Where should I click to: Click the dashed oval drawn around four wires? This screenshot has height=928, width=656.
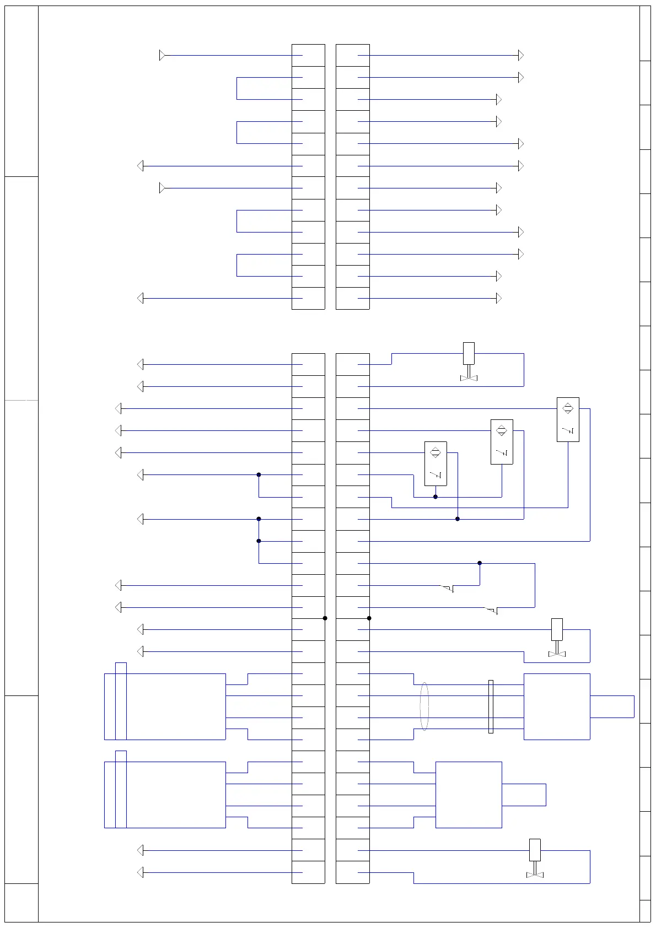[424, 706]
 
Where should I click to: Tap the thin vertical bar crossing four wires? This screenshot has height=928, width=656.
[491, 706]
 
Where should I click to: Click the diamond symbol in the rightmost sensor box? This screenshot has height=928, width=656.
[568, 408]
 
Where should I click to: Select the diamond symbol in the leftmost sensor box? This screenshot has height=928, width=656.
[435, 453]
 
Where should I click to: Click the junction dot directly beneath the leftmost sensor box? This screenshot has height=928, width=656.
[435, 497]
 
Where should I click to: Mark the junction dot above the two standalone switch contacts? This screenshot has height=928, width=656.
[480, 563]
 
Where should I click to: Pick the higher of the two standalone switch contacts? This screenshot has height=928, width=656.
[448, 589]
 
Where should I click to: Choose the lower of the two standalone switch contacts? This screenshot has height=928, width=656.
[492, 611]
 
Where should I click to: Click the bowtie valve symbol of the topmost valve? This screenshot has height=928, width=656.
[469, 377]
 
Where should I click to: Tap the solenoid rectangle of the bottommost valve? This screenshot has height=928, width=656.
[535, 850]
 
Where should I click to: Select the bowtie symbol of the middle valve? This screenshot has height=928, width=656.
[557, 654]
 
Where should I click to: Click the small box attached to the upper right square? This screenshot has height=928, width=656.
[612, 706]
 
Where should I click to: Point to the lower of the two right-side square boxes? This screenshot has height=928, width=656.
[469, 795]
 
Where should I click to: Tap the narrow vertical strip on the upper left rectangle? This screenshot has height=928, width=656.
[121, 701]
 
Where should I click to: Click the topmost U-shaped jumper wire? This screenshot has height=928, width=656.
[238, 88]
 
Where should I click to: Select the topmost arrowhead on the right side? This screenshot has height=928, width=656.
[520, 55]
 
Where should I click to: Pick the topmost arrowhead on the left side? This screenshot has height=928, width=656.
[162, 55]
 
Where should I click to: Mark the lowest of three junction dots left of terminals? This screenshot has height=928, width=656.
[259, 541]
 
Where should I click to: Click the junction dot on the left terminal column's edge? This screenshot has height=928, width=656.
[325, 618]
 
